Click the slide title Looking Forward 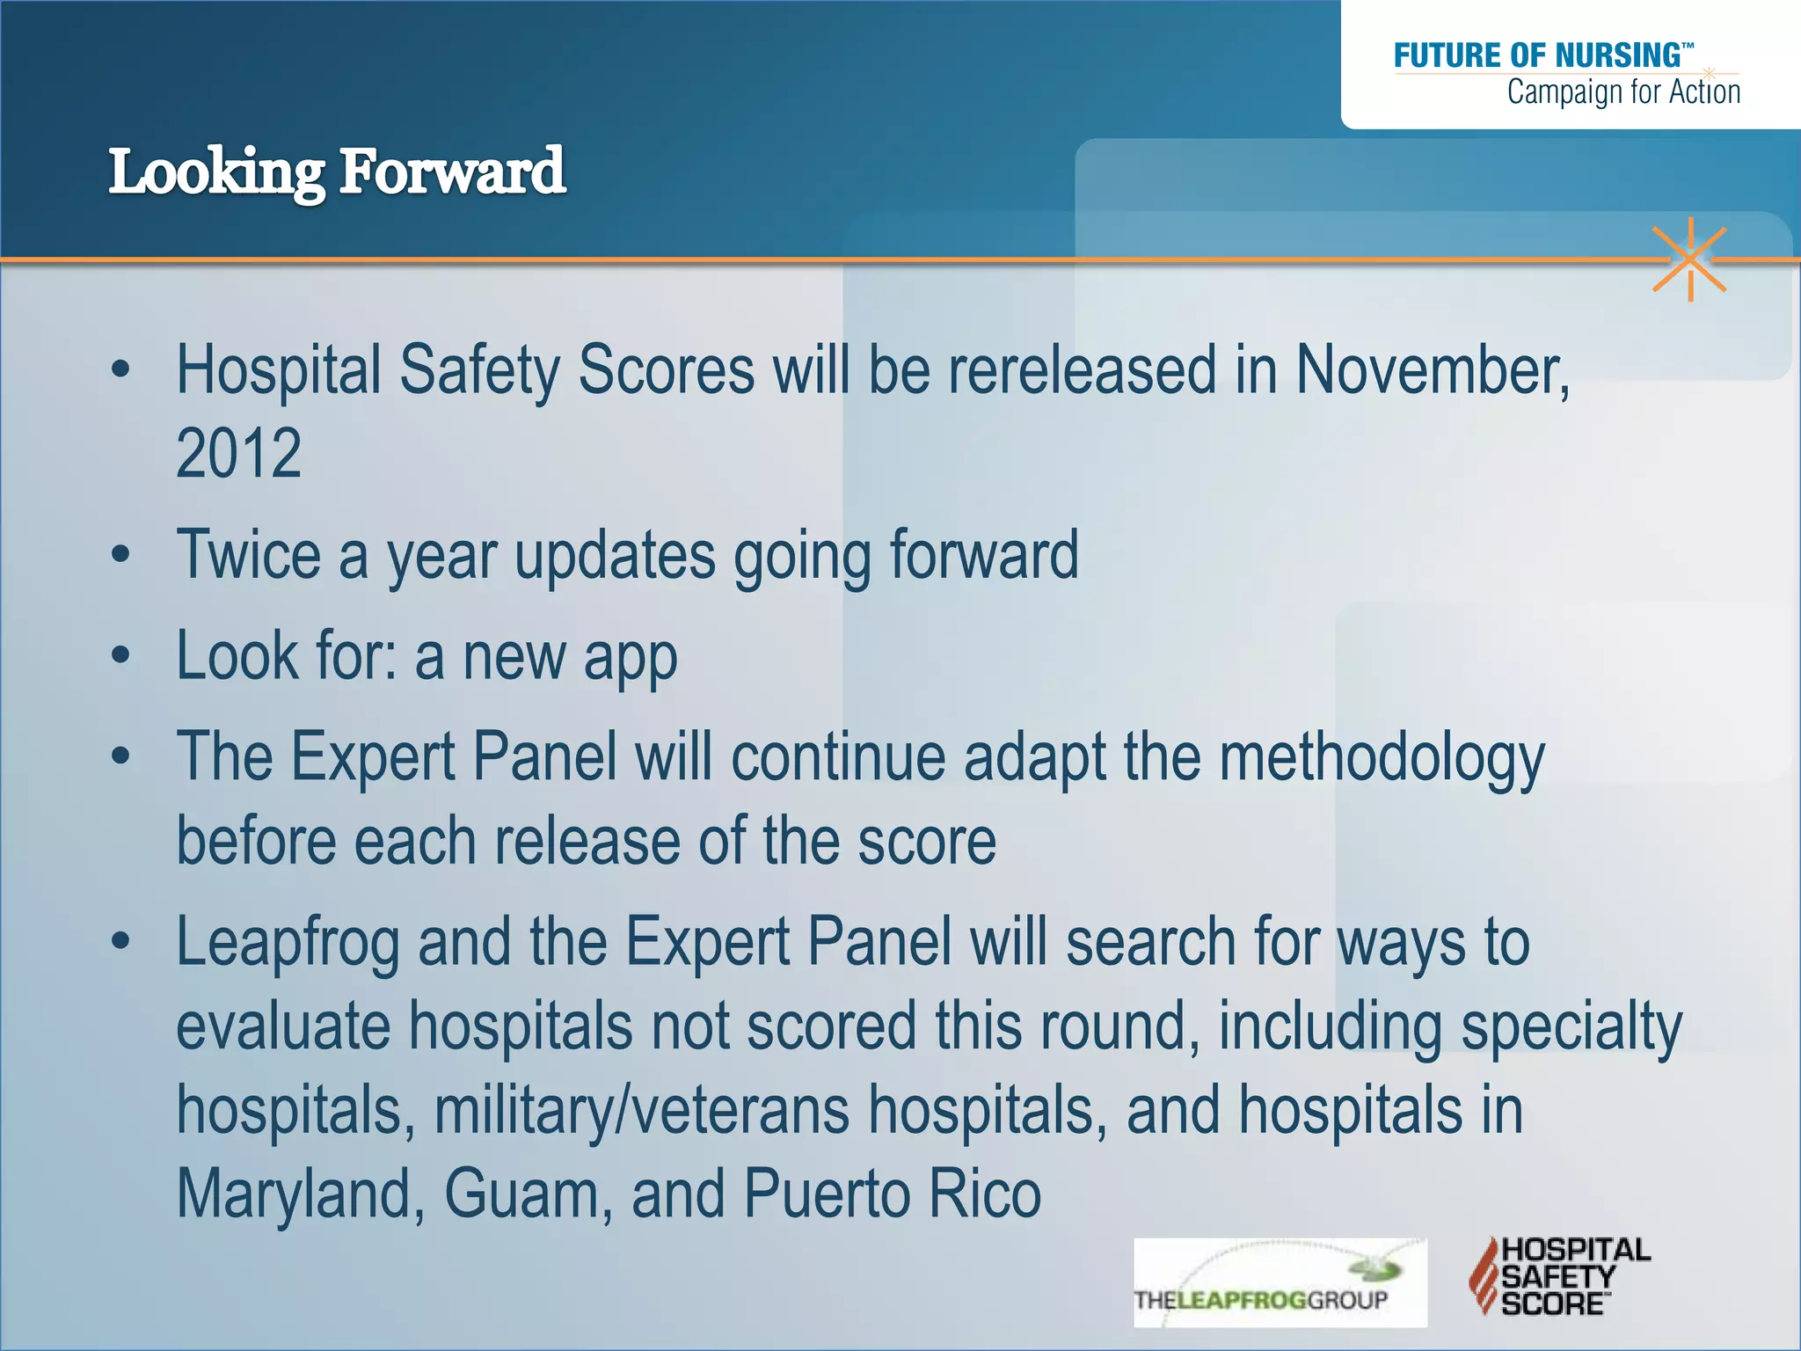[337, 172]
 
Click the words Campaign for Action [1623, 91]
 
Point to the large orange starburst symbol [1689, 259]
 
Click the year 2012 [238, 454]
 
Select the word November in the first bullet [1431, 370]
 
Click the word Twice [249, 555]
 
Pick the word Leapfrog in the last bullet [288, 944]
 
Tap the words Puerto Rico [892, 1194]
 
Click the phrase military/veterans [641, 1110]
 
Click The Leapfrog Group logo [1280, 1282]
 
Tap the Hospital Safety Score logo [1559, 1276]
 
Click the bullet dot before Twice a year [121, 555]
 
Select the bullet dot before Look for [121, 656]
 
